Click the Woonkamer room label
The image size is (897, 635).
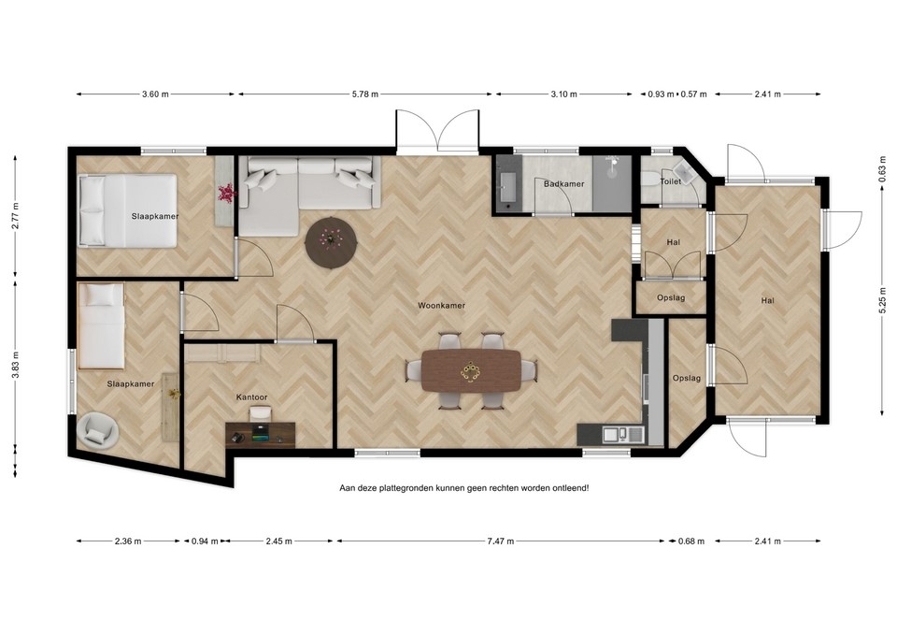click(441, 305)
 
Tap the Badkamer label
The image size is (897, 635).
click(563, 184)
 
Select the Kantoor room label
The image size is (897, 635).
click(251, 397)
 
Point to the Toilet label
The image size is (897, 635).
click(670, 181)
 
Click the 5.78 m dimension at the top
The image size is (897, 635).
click(366, 94)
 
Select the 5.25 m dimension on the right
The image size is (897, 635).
click(882, 302)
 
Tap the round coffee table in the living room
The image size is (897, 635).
click(331, 241)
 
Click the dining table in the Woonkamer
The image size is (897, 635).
click(471, 371)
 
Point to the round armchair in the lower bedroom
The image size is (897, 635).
click(98, 429)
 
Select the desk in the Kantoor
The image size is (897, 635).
click(260, 435)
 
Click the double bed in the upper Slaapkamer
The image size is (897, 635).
click(127, 210)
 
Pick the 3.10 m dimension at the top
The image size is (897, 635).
click(563, 94)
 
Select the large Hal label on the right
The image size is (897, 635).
click(767, 300)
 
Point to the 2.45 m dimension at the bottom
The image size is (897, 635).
click(279, 541)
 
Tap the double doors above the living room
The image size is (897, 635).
click(437, 130)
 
